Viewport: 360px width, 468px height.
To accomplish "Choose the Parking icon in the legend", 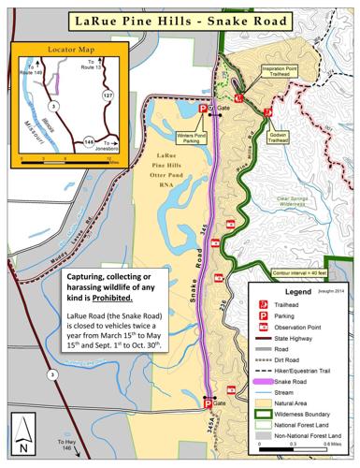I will click(266, 315).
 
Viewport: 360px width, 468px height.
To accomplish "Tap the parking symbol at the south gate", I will click(208, 403).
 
